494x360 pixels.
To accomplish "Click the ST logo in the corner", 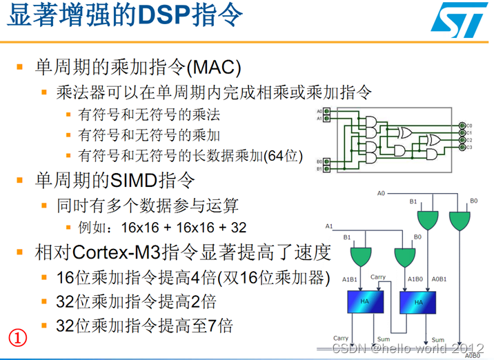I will tap(456, 20).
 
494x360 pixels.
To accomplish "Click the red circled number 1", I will tap(17, 337).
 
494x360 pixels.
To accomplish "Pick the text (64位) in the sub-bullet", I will tap(284, 156).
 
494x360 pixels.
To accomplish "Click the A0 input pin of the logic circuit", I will tap(327, 110).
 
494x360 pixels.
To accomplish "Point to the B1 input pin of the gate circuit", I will tap(327, 169).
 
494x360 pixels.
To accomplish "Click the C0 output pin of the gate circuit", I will tap(462, 126).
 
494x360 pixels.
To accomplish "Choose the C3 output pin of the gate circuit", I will tap(462, 147).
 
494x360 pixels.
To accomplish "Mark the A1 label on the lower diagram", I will tap(329, 226).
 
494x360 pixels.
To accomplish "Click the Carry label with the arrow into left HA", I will tap(377, 277).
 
